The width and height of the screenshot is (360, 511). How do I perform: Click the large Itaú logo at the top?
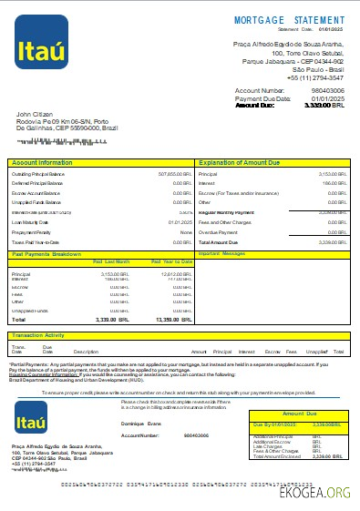[40, 42]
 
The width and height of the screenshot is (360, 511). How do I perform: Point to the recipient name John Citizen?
[36, 115]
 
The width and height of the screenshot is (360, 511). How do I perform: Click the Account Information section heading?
[42, 162]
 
